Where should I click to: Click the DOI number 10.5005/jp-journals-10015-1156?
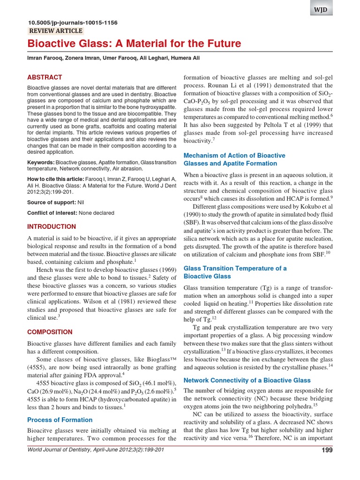point(73,22)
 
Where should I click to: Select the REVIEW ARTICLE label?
point(56,31)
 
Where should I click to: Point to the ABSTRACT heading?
point(45,77)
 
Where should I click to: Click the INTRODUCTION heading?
point(52,226)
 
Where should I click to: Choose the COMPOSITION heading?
point(50,332)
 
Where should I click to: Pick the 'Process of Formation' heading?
point(60,420)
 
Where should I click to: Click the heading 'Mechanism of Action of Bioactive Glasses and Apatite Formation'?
point(234,159)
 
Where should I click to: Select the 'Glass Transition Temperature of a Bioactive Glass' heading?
point(235,272)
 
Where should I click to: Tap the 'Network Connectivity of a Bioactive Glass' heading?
point(247,380)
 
